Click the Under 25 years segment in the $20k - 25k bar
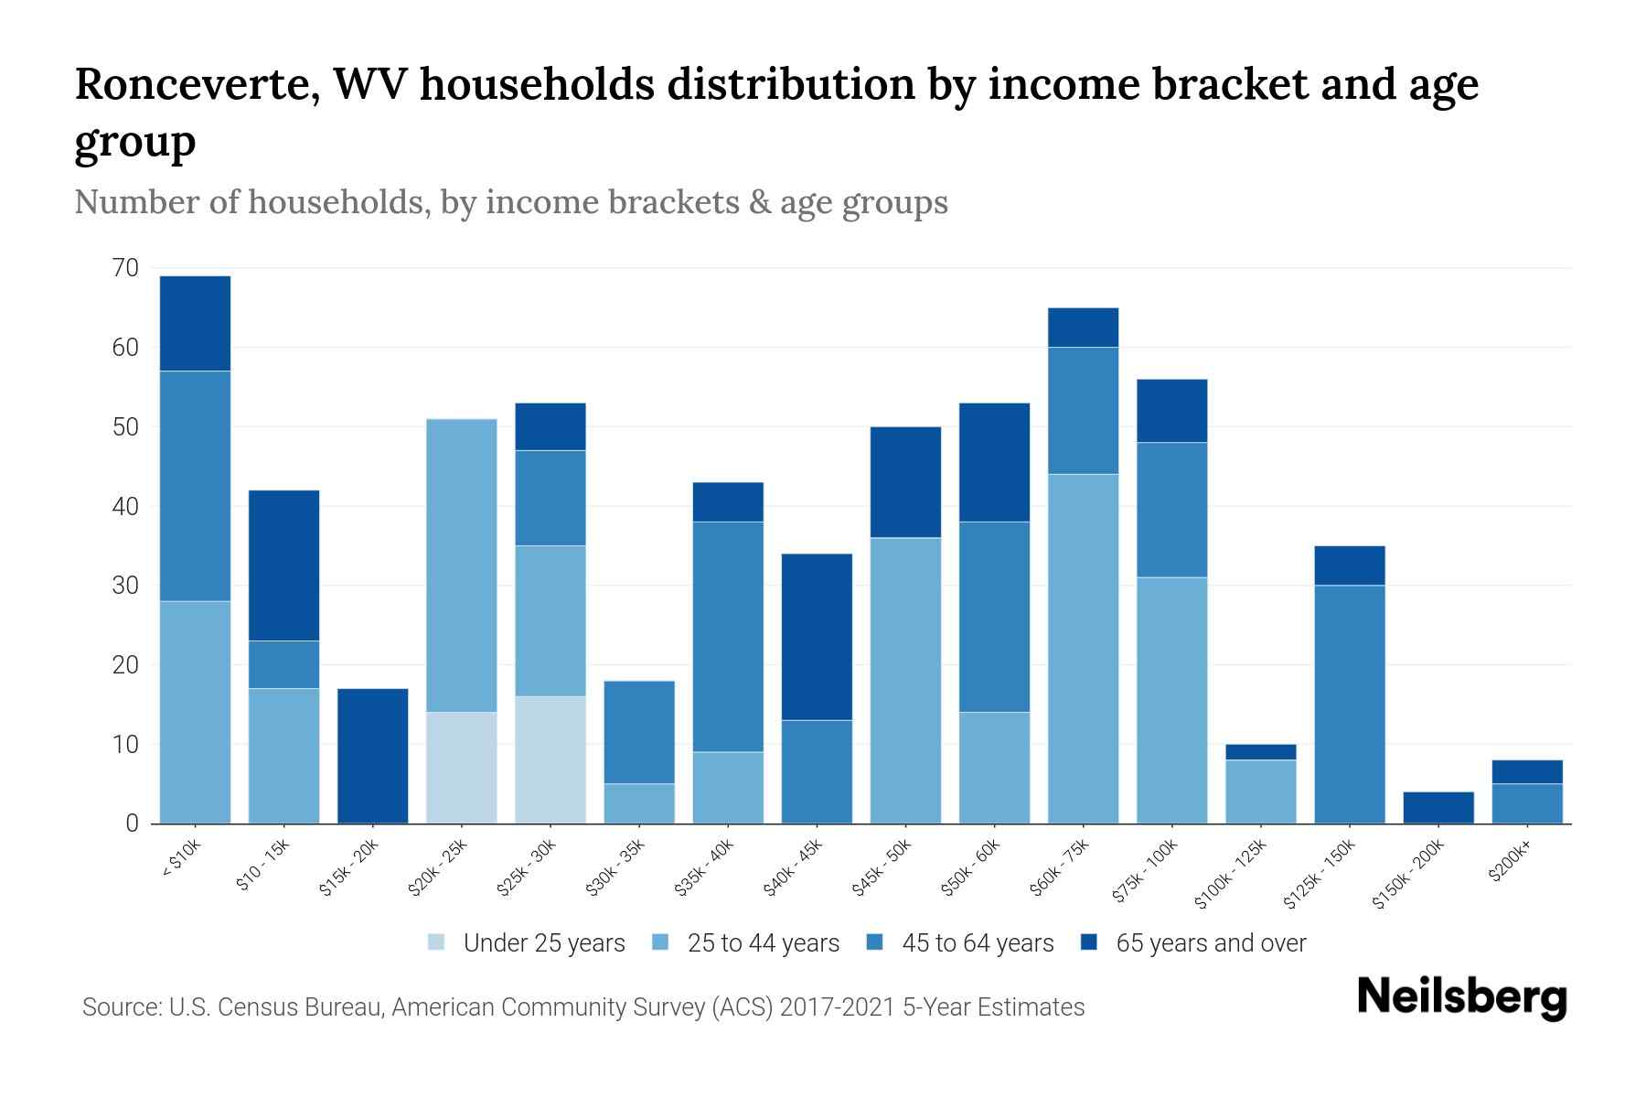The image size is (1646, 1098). [x=462, y=767]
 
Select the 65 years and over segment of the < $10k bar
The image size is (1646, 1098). [x=195, y=323]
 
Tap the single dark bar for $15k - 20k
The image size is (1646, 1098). [x=373, y=756]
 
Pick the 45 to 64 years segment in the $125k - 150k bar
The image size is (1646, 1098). [x=1350, y=704]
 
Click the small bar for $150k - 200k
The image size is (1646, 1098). [x=1438, y=807]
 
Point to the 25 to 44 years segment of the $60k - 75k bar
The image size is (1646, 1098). [x=1083, y=648]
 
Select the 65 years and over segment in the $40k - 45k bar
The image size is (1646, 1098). [x=817, y=637]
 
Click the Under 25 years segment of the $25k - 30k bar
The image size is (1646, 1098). [x=550, y=759]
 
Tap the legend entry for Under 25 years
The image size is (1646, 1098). [x=543, y=943]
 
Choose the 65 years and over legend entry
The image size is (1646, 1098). [x=1210, y=943]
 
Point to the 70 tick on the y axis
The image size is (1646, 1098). [x=125, y=268]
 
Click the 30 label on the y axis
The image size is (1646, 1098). [x=125, y=586]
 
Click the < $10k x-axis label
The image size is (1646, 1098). [x=182, y=861]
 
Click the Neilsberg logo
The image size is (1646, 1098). [x=1461, y=997]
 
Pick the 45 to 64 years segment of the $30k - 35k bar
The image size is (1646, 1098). [x=639, y=732]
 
